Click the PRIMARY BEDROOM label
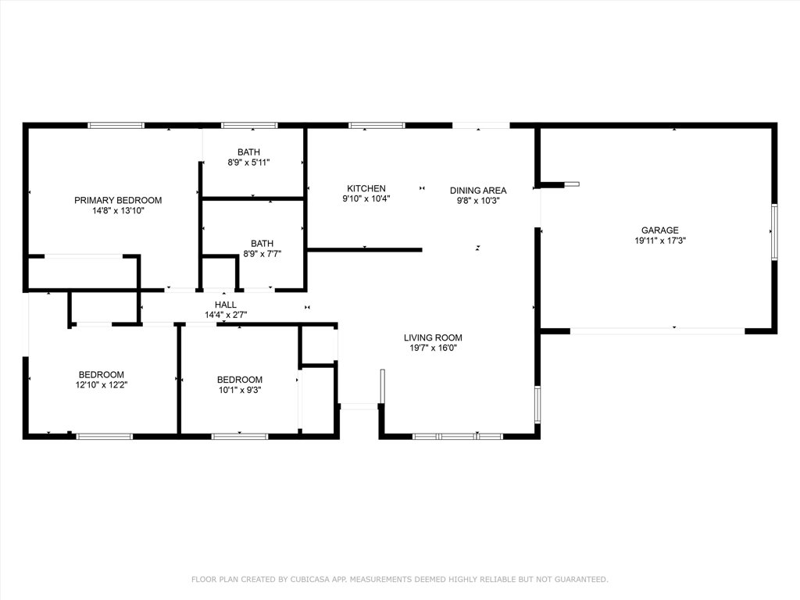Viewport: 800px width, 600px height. pos(118,200)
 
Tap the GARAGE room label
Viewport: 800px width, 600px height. pos(659,230)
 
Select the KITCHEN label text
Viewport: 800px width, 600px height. pos(366,188)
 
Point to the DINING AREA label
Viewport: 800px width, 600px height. pos(477,190)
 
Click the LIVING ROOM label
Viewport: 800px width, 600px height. pos(433,337)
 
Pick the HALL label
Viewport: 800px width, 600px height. pos(225,305)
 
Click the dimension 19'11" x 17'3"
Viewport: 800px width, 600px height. pos(659,241)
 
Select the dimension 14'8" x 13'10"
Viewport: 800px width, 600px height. pos(118,210)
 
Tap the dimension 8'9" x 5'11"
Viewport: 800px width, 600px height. pos(249,162)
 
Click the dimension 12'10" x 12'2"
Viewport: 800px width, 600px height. pos(101,385)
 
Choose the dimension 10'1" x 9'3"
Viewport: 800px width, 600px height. pos(239,390)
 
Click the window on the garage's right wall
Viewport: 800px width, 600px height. pos(774,232)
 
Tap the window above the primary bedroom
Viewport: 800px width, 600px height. pos(116,125)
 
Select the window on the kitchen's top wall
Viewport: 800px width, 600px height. pos(376,125)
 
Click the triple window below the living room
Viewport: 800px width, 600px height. pos(457,436)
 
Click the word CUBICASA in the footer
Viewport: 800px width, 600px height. pos(312,579)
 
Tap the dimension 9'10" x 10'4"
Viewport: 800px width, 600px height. pos(366,199)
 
